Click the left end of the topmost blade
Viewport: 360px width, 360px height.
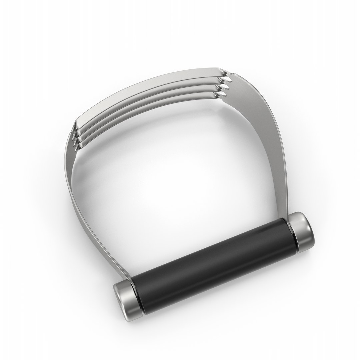click(x=79, y=124)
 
